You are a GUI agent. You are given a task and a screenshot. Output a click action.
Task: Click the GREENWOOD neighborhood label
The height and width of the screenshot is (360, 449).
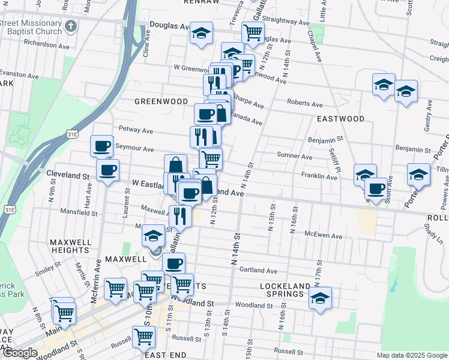coord(161,101)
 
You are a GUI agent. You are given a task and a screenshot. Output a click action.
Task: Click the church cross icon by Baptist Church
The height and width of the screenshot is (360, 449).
coord(71,26)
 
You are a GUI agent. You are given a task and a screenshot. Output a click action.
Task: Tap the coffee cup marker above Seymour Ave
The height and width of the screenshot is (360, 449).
coord(101,145)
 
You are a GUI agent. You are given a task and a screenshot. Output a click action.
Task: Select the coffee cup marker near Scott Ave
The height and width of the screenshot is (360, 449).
coord(376,188)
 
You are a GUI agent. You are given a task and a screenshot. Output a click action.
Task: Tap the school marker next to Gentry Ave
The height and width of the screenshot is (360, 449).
coord(406,91)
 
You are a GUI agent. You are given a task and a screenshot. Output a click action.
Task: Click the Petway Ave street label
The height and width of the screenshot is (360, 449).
coord(136,129)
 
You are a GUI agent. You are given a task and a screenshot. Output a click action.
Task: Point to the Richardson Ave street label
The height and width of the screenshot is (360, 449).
coord(47,45)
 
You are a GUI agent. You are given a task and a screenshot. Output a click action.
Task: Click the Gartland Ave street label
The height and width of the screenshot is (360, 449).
coord(258,271)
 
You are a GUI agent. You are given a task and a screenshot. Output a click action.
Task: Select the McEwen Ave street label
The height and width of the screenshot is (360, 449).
coord(322,235)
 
